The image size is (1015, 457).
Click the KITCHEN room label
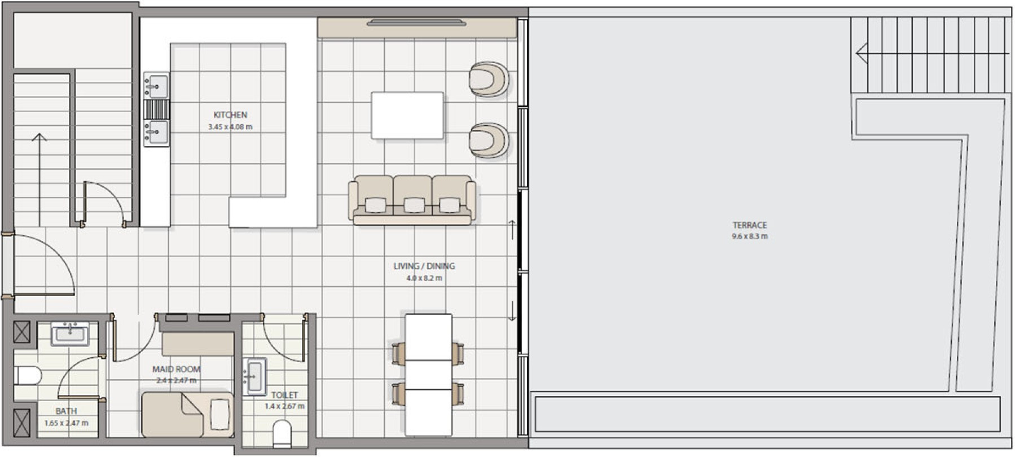click(x=230, y=115)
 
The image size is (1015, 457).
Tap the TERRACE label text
click(x=750, y=225)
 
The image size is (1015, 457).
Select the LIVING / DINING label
click(x=424, y=266)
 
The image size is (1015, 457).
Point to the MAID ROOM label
click(x=176, y=369)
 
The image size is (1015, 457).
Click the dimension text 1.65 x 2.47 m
click(x=67, y=423)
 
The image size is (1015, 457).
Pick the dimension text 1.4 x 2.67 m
click(x=285, y=406)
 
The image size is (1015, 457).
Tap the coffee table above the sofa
click(x=407, y=115)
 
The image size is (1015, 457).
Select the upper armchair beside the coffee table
click(x=489, y=79)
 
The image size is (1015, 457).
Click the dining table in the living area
click(x=428, y=375)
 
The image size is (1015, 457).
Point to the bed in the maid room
click(x=187, y=415)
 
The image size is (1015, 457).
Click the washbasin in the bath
click(x=70, y=334)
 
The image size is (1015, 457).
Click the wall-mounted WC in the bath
click(x=28, y=375)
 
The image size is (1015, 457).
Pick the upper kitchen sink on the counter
click(x=156, y=85)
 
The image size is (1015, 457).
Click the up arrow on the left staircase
click(x=39, y=179)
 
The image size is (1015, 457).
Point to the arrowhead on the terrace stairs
click(x=862, y=54)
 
